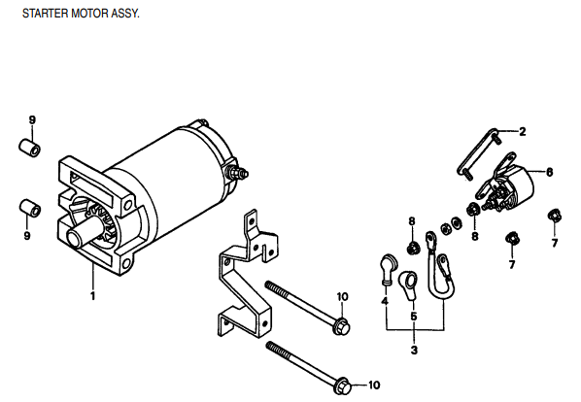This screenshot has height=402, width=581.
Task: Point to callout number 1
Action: pyautogui.click(x=93, y=295)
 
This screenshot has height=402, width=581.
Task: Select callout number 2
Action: pyautogui.click(x=522, y=131)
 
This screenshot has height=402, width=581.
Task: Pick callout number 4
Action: pyautogui.click(x=385, y=302)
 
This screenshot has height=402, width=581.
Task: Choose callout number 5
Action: pyautogui.click(x=414, y=316)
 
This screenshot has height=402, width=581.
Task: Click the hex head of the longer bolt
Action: pyautogui.click(x=342, y=387)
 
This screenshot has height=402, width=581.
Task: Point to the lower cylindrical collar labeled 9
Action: pyautogui.click(x=30, y=208)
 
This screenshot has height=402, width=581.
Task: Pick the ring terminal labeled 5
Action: pyautogui.click(x=409, y=284)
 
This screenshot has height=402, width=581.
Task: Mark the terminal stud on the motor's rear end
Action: pyautogui.click(x=236, y=172)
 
